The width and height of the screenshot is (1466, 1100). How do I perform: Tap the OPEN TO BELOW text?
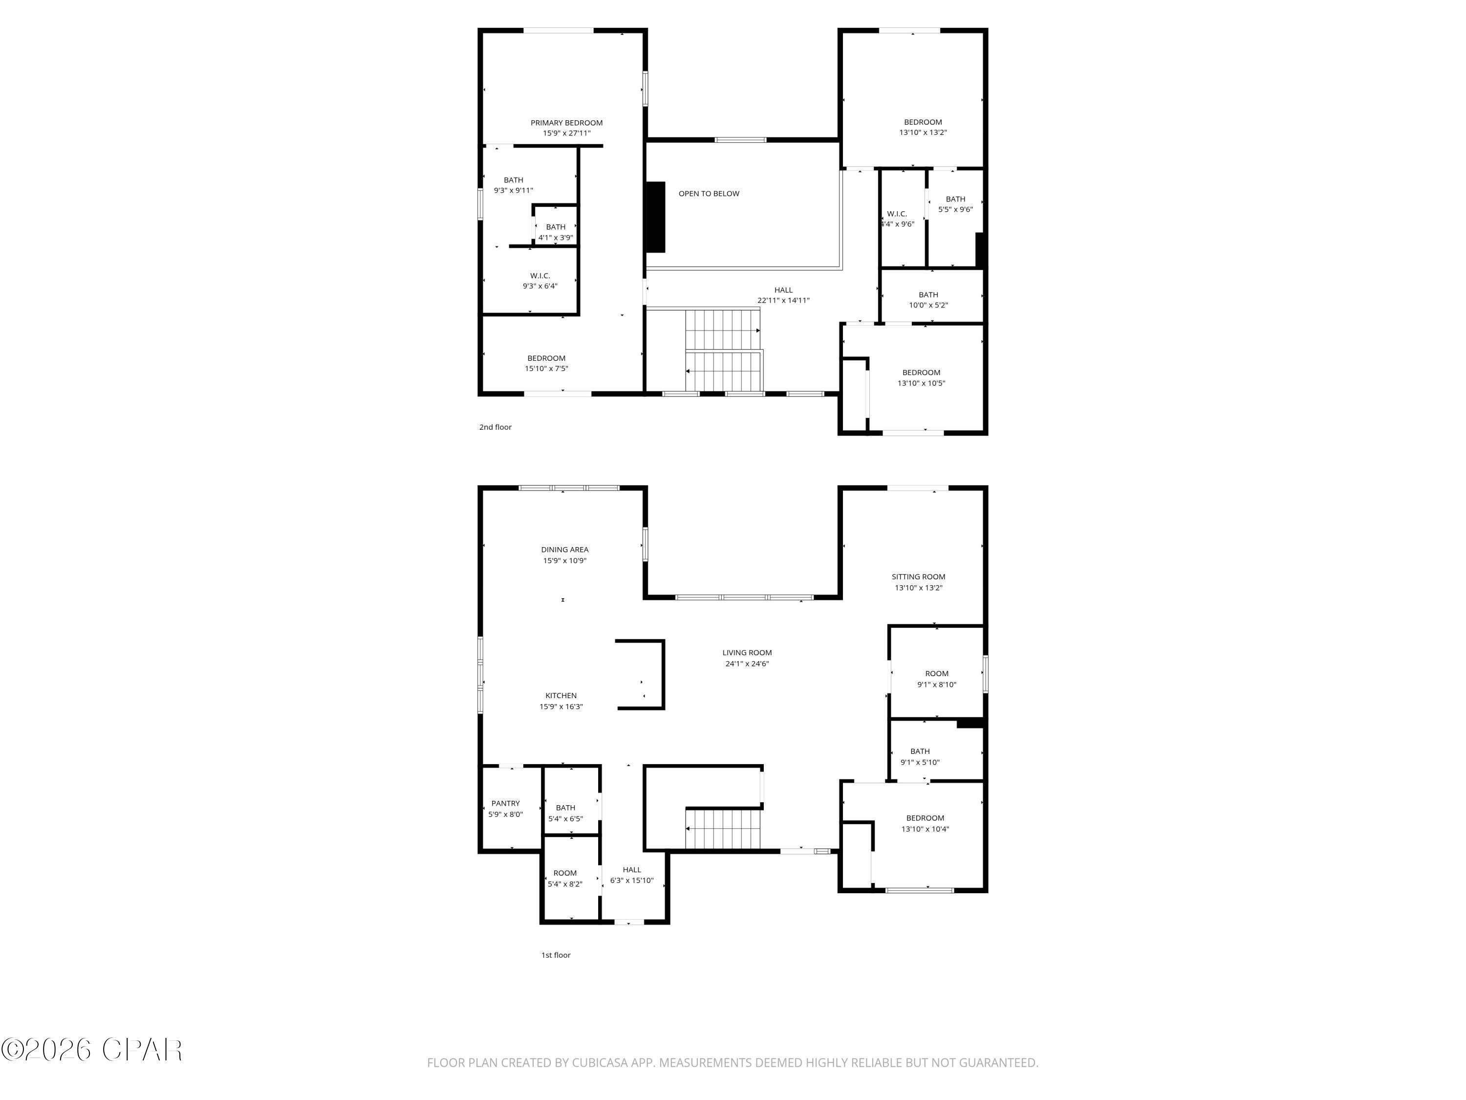pos(709,194)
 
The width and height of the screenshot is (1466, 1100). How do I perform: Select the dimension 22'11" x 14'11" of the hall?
pos(783,300)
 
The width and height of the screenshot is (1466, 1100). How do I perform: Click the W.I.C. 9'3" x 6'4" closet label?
pos(539,281)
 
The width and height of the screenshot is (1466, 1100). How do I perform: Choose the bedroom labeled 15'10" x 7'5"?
pos(546,363)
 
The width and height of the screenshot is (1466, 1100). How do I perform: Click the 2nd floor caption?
pos(495,427)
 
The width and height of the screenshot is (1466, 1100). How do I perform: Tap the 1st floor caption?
pos(556,955)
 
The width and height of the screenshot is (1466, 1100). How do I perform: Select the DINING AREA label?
pos(564,550)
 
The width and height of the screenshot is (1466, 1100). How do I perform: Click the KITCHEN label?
pos(561,696)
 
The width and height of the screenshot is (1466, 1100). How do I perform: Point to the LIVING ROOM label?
pos(747,653)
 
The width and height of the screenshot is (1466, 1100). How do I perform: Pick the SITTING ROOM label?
pos(918,577)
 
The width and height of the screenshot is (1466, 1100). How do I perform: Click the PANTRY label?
pos(505,804)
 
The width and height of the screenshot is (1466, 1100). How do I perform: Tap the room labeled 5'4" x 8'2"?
pos(565,879)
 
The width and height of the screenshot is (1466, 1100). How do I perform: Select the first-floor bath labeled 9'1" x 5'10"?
pos(919,756)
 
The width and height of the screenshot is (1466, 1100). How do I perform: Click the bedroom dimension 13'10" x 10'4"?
pos(925,829)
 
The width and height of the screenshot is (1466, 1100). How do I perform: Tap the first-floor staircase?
pos(724,829)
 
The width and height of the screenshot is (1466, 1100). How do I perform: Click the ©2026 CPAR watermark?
pos(91,1050)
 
